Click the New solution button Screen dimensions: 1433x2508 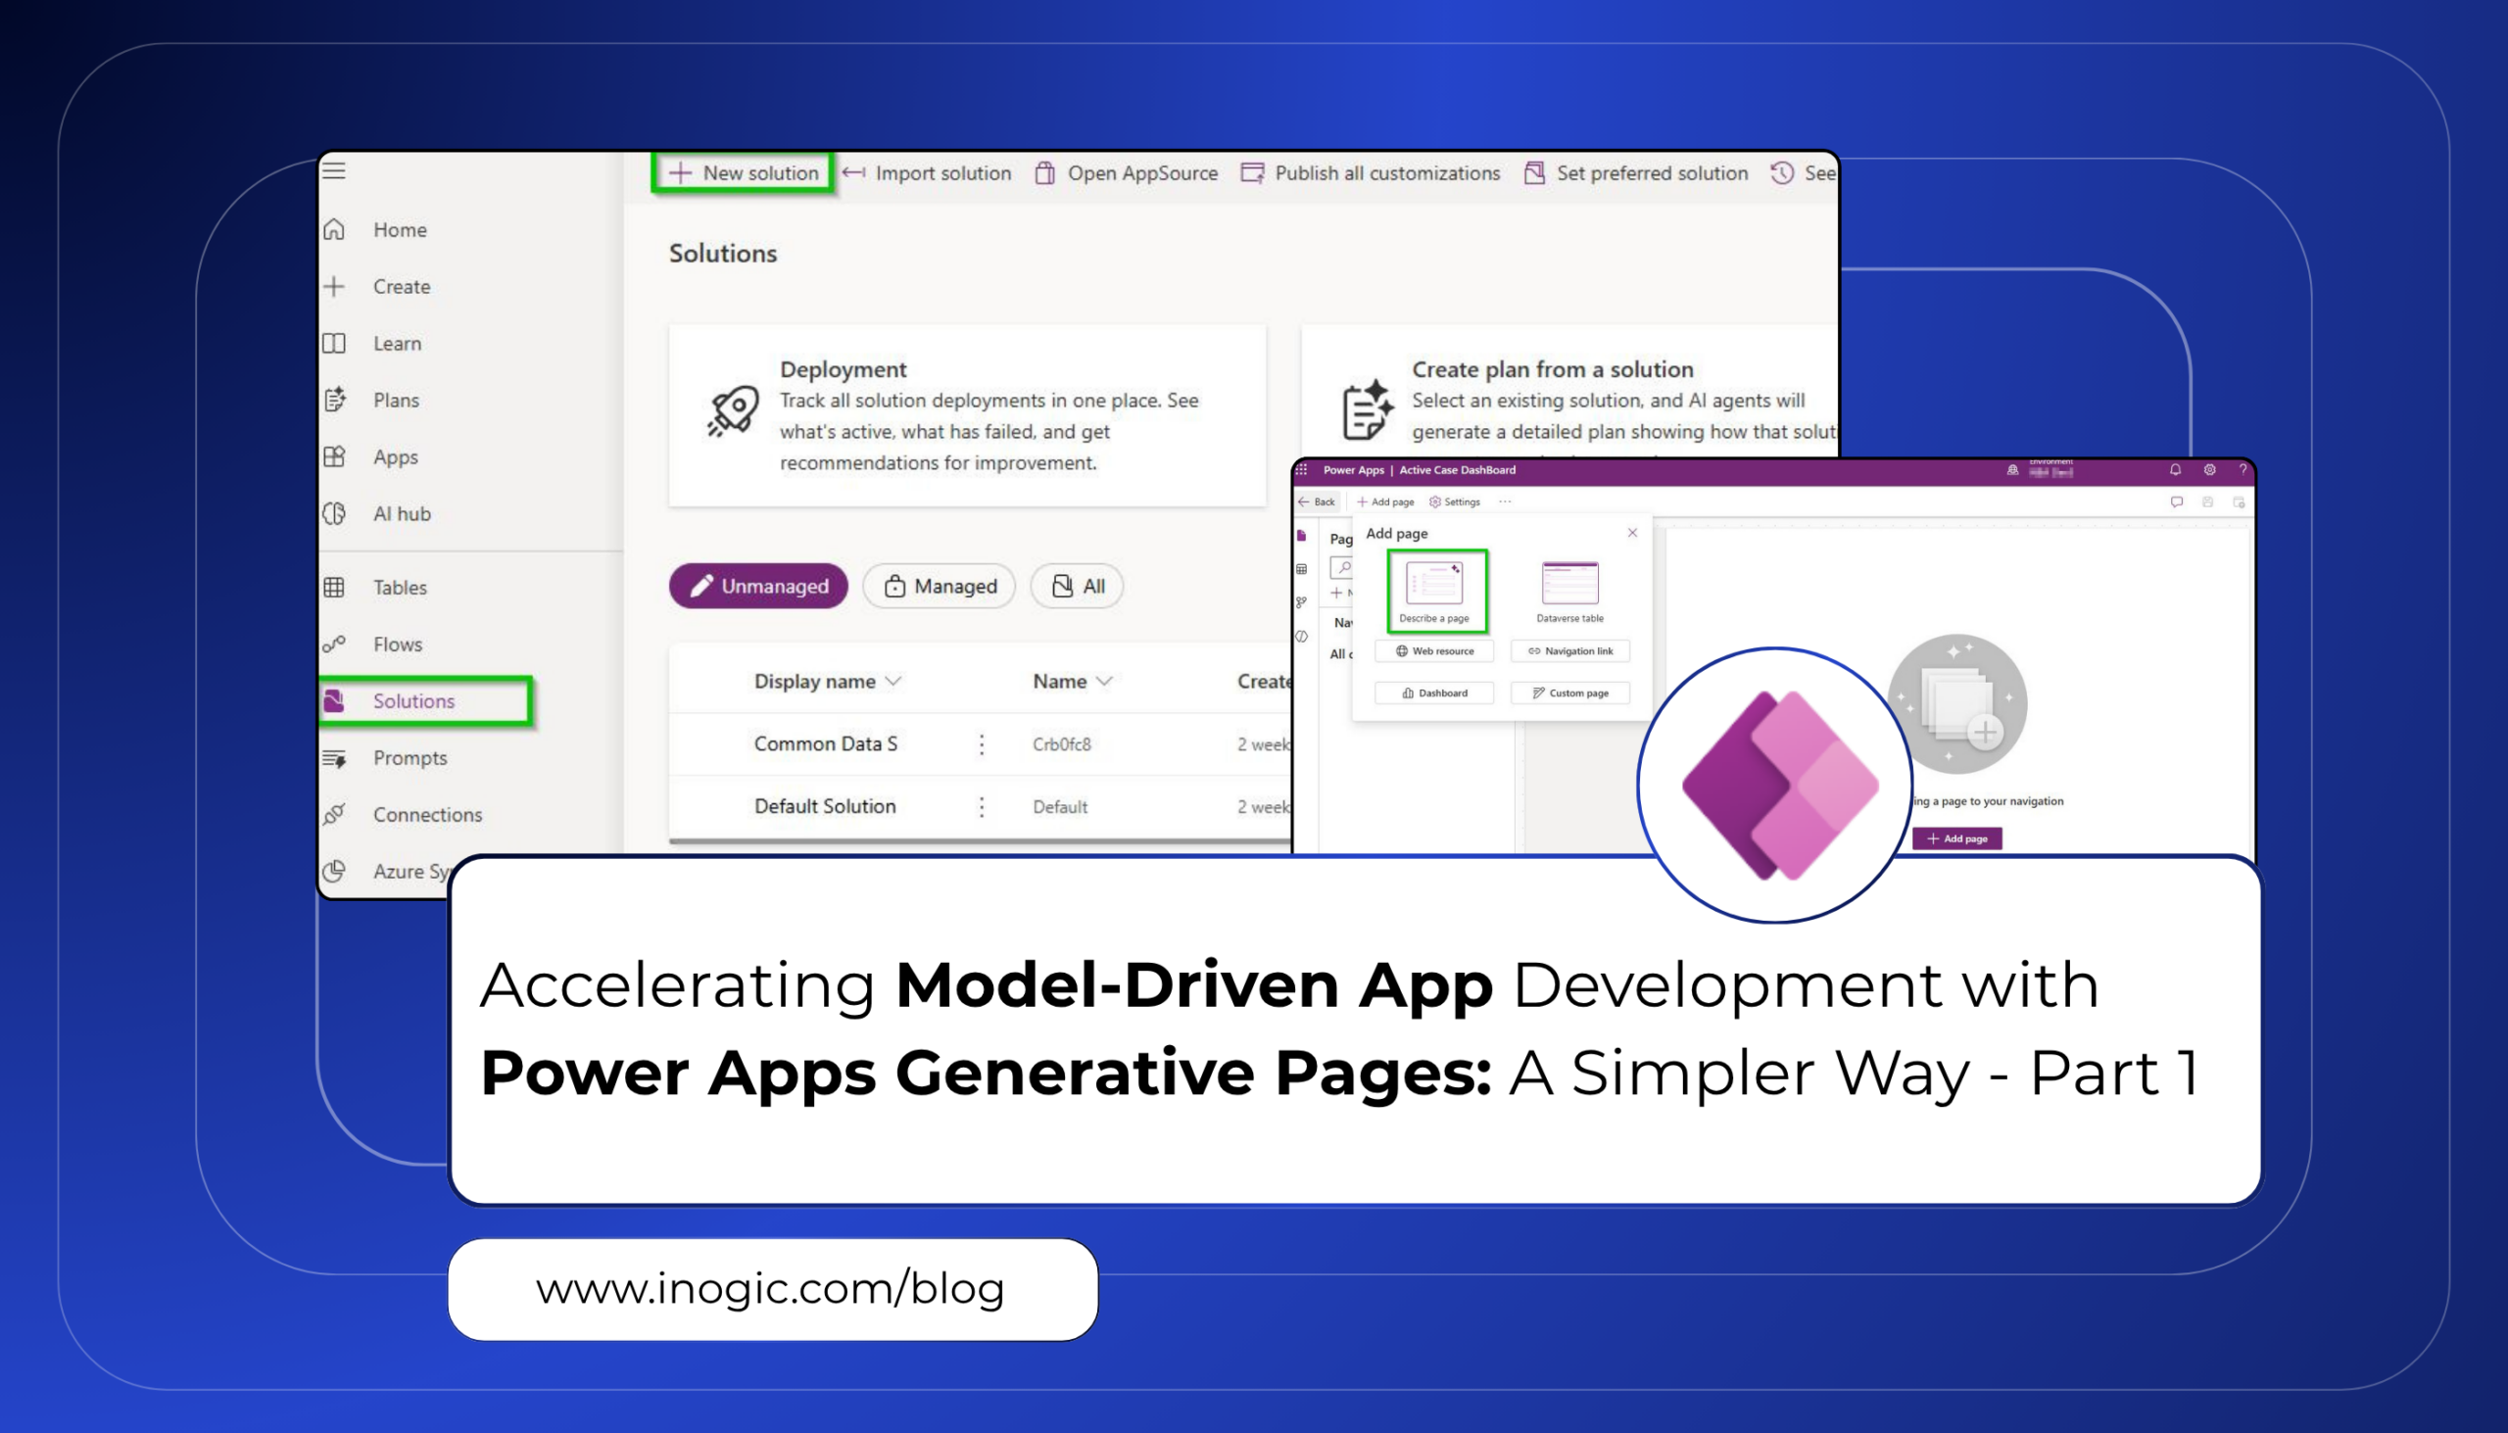coord(745,173)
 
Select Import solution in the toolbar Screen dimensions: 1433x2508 coord(927,173)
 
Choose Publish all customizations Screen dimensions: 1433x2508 coord(1371,173)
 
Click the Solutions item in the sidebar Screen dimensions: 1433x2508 coord(413,700)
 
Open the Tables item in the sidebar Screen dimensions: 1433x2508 coord(400,588)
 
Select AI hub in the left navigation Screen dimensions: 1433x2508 coord(402,514)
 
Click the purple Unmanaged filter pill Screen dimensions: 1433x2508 coord(758,587)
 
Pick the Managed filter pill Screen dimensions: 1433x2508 coord(939,587)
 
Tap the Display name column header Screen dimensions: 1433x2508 coord(815,681)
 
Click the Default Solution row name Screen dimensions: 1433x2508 coord(825,806)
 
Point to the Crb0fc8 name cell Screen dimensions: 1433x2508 coord(1061,744)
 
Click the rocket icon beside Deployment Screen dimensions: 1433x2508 coord(734,411)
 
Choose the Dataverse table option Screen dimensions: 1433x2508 coord(1570,591)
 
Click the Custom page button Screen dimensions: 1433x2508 coord(1570,693)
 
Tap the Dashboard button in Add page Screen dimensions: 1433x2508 coord(1434,693)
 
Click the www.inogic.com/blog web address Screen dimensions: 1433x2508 coord(771,1289)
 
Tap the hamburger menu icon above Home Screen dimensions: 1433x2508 coord(334,170)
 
